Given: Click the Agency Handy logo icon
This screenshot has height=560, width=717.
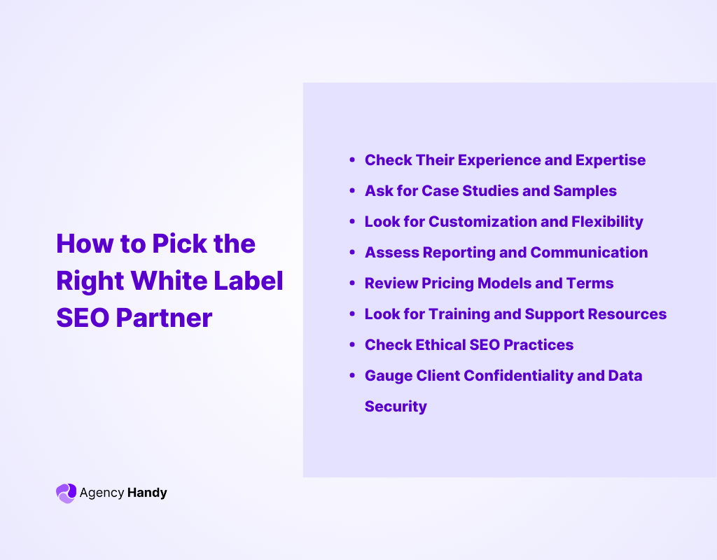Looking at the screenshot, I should (x=65, y=493).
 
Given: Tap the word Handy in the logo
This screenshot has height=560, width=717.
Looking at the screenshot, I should (x=147, y=493).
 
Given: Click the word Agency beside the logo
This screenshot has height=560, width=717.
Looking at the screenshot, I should (x=102, y=493).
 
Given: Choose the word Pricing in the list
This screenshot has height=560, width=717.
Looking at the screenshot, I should (x=447, y=283).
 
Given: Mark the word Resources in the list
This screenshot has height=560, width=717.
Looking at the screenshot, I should (x=629, y=314).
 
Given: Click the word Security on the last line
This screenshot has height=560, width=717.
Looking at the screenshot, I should (x=396, y=407).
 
